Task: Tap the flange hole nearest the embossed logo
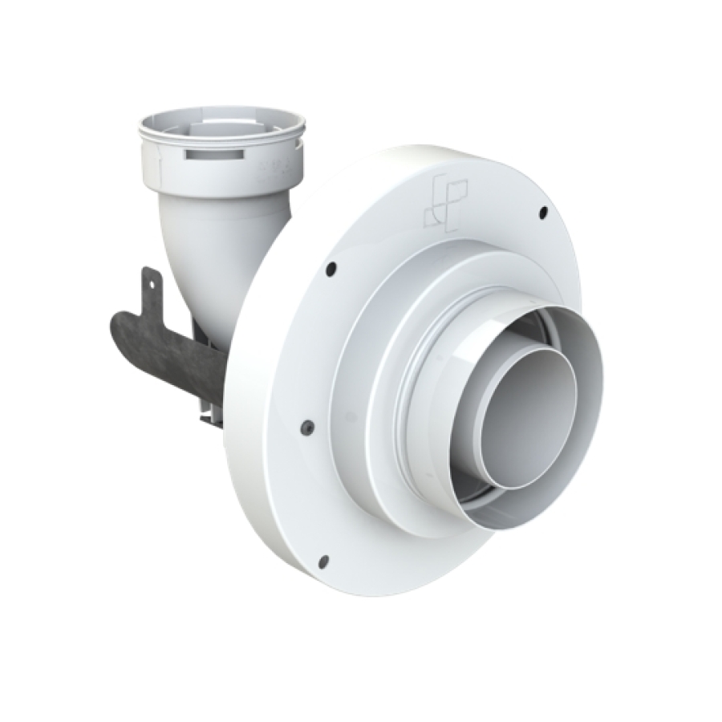pyautogui.click(x=543, y=212)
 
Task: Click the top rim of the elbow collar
pyautogui.click(x=222, y=112)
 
